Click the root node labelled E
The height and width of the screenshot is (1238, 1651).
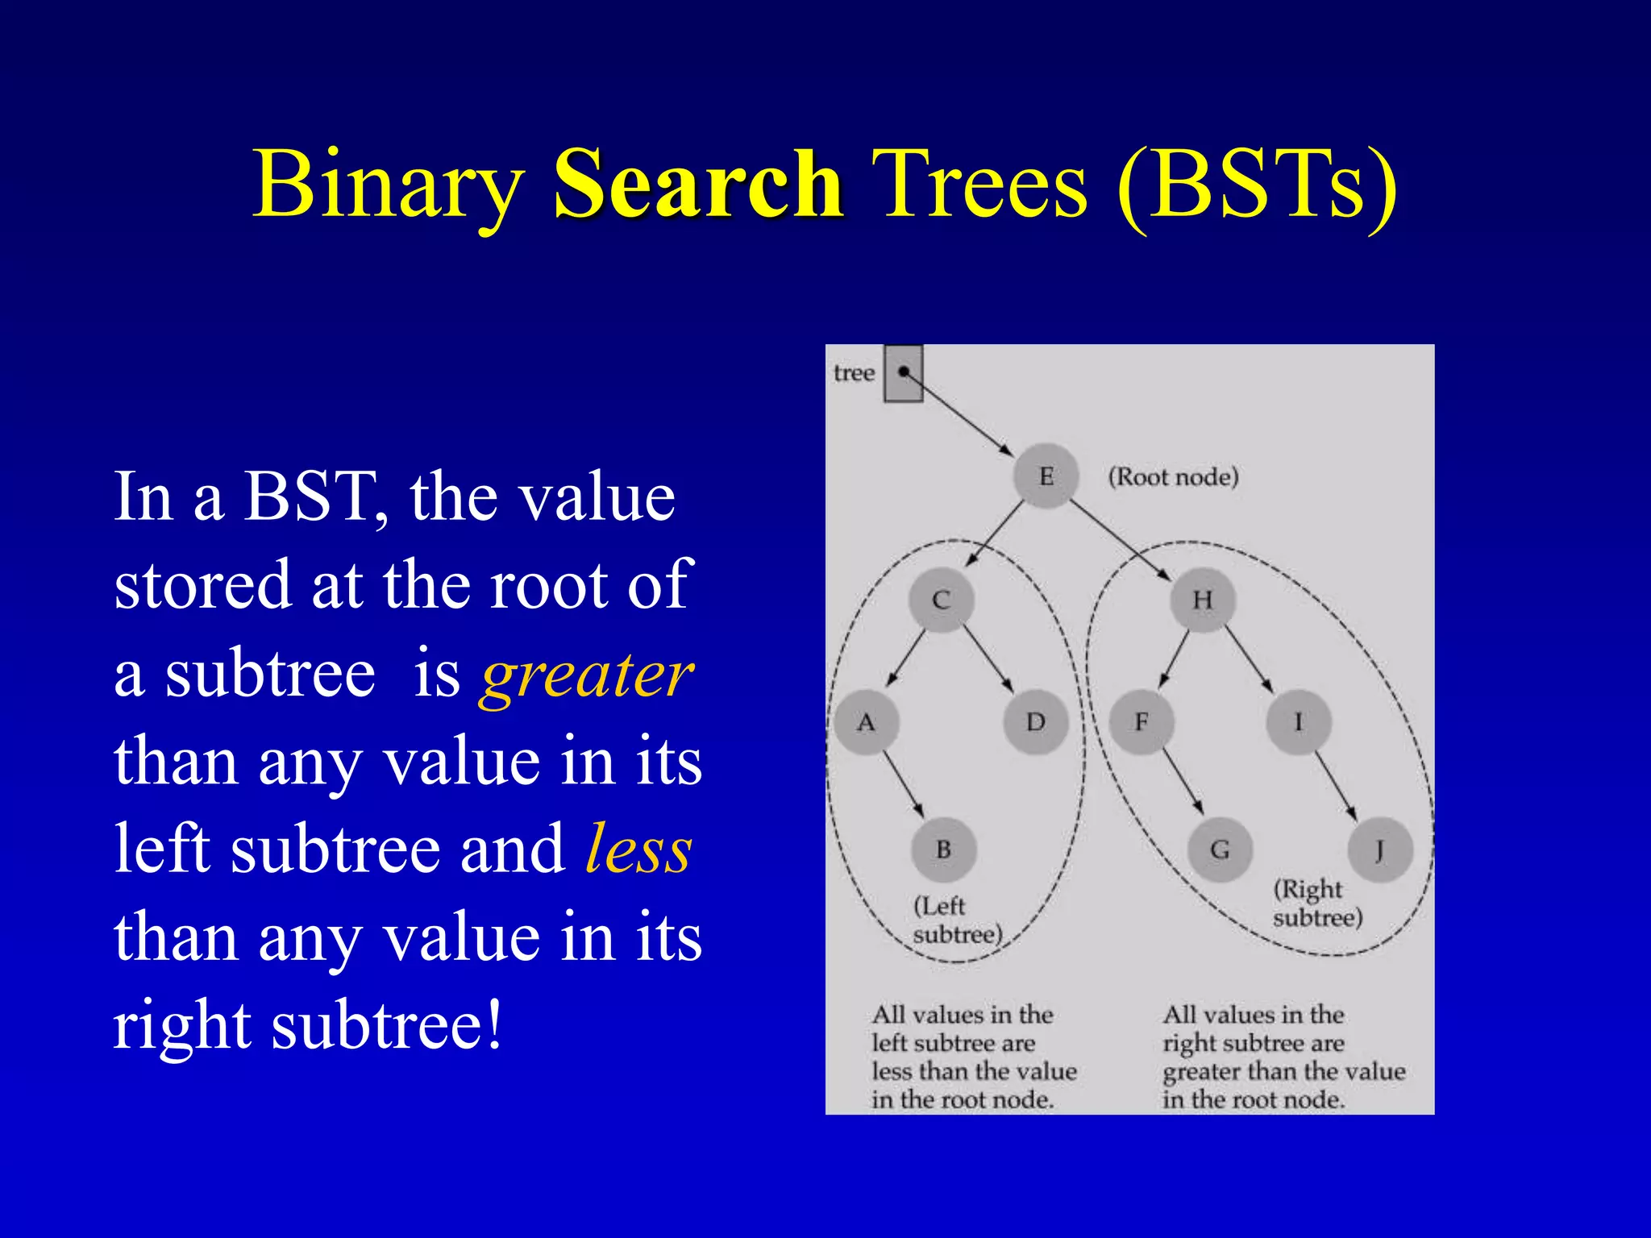pyautogui.click(x=1046, y=476)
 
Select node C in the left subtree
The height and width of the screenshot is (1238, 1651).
pyautogui.click(x=941, y=600)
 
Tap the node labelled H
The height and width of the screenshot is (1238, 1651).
pyautogui.click(x=1203, y=600)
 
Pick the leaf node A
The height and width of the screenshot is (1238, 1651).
pyautogui.click(x=866, y=722)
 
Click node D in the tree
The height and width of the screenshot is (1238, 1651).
pyautogui.click(x=1036, y=722)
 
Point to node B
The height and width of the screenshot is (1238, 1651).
pyautogui.click(x=943, y=850)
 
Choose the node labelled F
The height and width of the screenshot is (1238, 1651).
pyautogui.click(x=1142, y=722)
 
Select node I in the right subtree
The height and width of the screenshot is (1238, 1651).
pyautogui.click(x=1298, y=722)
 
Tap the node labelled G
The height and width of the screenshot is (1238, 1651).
pyautogui.click(x=1221, y=850)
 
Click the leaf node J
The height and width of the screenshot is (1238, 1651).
pyautogui.click(x=1380, y=850)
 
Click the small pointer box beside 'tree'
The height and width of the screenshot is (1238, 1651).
pyautogui.click(x=904, y=373)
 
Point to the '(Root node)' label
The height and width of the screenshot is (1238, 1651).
pyautogui.click(x=1173, y=476)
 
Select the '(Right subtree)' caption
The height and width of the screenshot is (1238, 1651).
pyautogui.click(x=1317, y=904)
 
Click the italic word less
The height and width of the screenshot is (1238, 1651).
pyautogui.click(x=638, y=850)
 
